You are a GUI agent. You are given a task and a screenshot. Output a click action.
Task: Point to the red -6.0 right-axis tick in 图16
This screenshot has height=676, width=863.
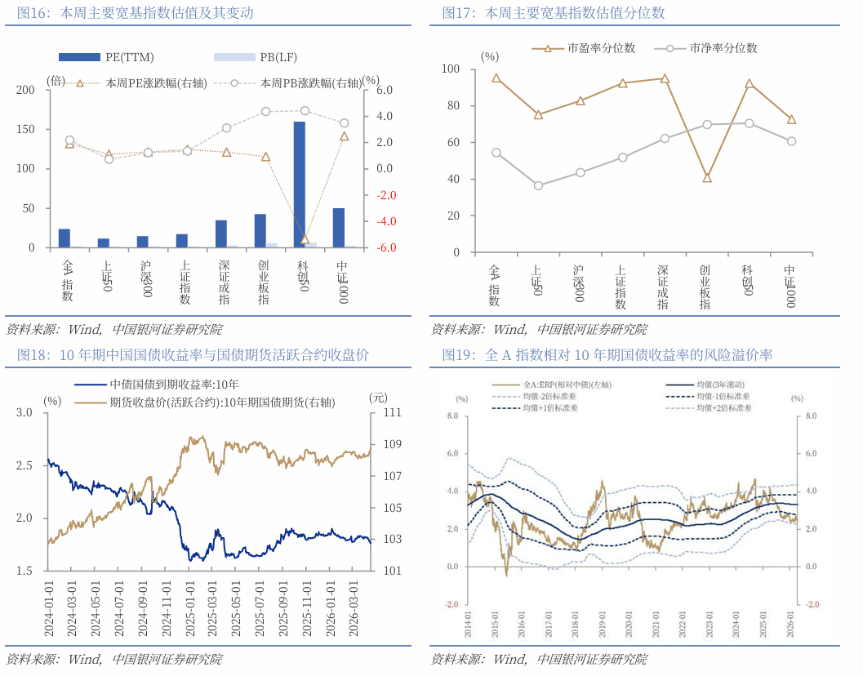click(384, 247)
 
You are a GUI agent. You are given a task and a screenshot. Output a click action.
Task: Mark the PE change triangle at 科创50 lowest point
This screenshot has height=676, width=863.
click(305, 239)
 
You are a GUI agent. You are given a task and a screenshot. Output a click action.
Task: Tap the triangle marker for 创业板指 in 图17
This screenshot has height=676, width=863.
click(707, 178)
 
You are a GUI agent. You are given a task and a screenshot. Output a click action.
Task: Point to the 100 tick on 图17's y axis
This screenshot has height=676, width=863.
click(452, 69)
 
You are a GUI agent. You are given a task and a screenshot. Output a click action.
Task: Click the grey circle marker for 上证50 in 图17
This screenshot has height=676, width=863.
click(538, 185)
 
